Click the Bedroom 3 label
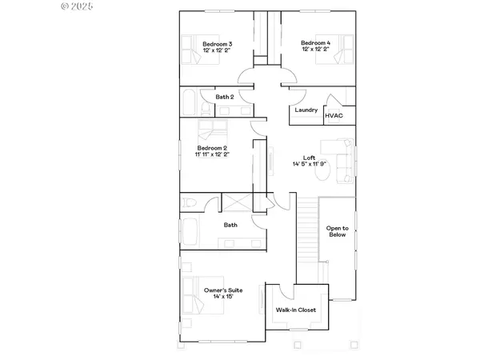pyautogui.click(x=217, y=43)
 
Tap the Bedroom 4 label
pyautogui.click(x=316, y=43)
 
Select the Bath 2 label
pyautogui.click(x=225, y=97)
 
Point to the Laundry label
pyautogui.click(x=306, y=110)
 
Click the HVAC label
pyautogui.click(x=334, y=116)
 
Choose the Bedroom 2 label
pyautogui.click(x=213, y=148)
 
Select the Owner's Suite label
pyautogui.click(x=222, y=290)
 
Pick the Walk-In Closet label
pyautogui.click(x=295, y=309)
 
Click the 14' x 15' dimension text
pyautogui.click(x=223, y=297)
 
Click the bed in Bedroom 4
pyautogui.click(x=342, y=50)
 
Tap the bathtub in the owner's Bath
pyautogui.click(x=191, y=233)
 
